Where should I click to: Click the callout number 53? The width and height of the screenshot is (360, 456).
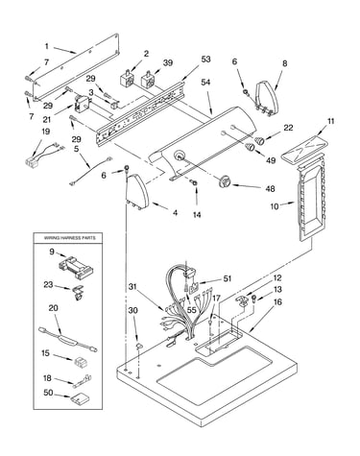coord(205,60)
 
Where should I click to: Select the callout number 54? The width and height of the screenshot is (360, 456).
coord(205,83)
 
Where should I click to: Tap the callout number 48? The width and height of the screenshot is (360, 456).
coord(271,189)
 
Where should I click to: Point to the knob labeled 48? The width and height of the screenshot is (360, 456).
coord(224,182)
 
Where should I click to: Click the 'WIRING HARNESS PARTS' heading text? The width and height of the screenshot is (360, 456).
coord(69,238)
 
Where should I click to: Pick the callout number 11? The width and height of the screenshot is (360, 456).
coord(330,122)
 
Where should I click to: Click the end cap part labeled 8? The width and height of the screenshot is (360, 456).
coord(266,98)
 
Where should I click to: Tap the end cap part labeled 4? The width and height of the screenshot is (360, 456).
coord(137,191)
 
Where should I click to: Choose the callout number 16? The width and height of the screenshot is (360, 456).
coord(277,302)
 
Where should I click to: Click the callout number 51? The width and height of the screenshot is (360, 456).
coord(228,278)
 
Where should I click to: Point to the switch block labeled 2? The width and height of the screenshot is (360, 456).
coord(126,79)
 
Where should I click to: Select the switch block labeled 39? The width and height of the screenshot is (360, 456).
coord(148,80)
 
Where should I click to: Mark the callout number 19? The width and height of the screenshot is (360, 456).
coord(46,132)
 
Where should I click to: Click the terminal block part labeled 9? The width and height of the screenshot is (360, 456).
coord(76,266)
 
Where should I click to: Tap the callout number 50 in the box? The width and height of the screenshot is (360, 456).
coord(48,393)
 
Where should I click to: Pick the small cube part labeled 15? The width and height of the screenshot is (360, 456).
coord(81,363)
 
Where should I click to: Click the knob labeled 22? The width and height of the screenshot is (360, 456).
coord(260,140)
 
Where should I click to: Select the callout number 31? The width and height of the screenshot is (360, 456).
coord(133,287)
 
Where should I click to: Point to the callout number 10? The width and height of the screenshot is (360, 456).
coord(275,206)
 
